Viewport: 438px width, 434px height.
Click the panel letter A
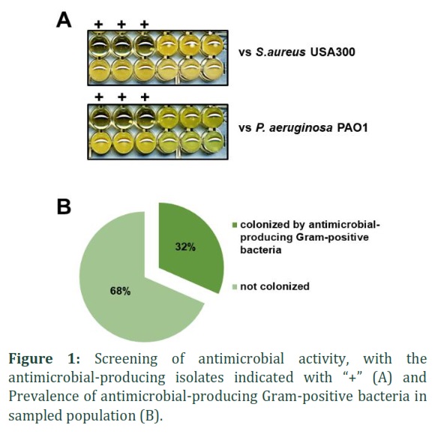point(64,21)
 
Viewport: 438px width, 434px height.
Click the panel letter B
point(64,207)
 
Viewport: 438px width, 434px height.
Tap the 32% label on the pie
point(185,247)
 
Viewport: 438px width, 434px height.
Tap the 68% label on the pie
point(120,291)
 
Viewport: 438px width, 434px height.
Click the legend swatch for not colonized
point(235,286)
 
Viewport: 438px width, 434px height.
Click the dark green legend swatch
point(235,225)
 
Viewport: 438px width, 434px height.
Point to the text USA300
point(332,52)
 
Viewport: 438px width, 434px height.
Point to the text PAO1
point(352,127)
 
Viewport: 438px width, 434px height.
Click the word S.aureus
point(280,52)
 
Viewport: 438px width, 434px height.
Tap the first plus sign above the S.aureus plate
point(98,25)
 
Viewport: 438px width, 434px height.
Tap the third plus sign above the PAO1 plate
point(145,97)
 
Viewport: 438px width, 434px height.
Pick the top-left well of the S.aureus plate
point(100,45)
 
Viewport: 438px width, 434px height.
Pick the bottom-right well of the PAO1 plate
point(213,142)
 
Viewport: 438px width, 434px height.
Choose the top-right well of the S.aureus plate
point(212,45)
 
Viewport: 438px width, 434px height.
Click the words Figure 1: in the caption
point(44,359)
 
